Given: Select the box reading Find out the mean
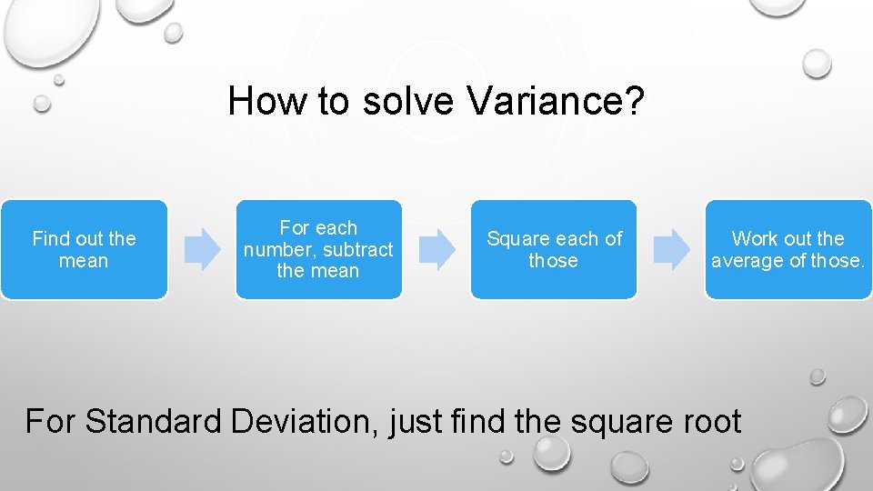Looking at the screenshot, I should (x=84, y=250).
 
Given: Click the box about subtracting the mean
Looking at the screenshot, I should (x=318, y=250).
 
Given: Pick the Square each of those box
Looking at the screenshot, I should (x=553, y=250).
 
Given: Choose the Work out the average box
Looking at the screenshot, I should (x=788, y=250).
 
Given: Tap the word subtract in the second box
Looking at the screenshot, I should (x=358, y=250).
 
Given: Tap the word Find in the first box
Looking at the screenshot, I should (x=49, y=239).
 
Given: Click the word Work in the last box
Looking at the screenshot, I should (x=753, y=239).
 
